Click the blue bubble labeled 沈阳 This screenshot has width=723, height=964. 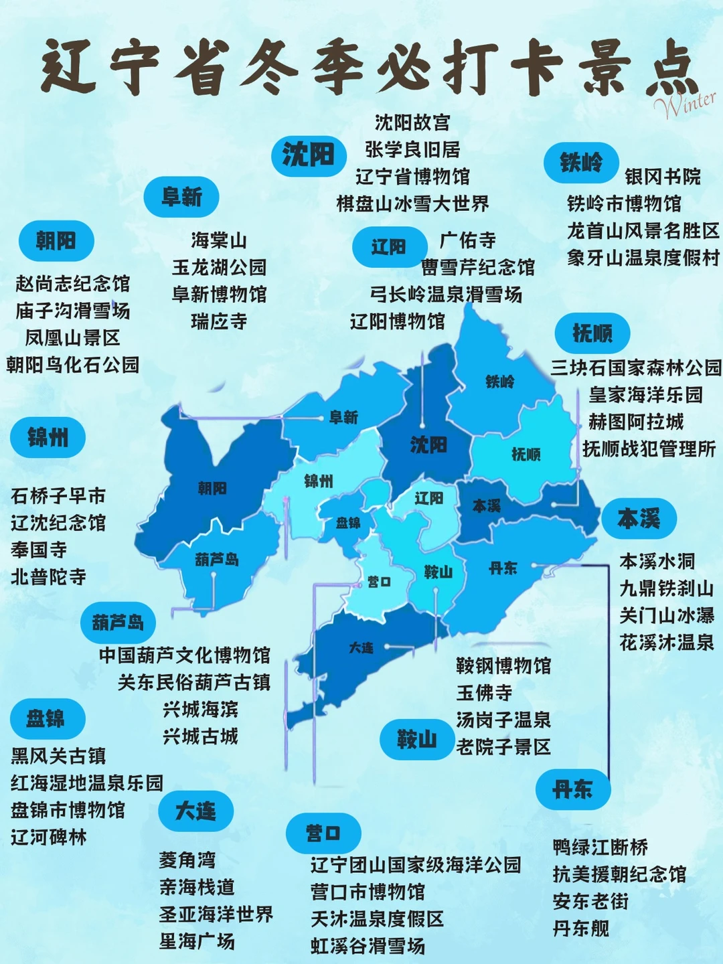pyautogui.click(x=309, y=155)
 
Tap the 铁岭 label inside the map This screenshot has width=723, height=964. pyautogui.click(x=500, y=382)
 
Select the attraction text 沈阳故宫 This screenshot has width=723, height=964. pyautogui.click(x=412, y=123)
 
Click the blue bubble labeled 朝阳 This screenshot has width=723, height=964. pyautogui.click(x=56, y=241)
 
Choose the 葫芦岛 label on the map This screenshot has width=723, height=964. pyautogui.click(x=217, y=559)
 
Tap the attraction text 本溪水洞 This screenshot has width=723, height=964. pyautogui.click(x=657, y=561)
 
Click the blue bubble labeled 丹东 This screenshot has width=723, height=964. pyautogui.click(x=572, y=790)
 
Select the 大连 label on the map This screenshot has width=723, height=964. pyautogui.click(x=361, y=648)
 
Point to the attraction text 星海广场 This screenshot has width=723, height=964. pyautogui.click(x=197, y=941)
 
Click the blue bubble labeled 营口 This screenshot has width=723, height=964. pyautogui.click(x=323, y=833)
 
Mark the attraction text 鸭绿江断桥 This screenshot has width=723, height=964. pyautogui.click(x=600, y=848)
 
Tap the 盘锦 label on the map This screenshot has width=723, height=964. pyautogui.click(x=348, y=523)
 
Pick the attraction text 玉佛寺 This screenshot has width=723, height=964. pyautogui.click(x=484, y=693)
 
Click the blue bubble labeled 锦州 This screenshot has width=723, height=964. pyautogui.click(x=48, y=438)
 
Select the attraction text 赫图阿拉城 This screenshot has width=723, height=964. pyautogui.click(x=636, y=422)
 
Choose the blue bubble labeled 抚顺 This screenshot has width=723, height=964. pyautogui.click(x=592, y=333)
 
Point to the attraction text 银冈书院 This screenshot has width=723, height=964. pyautogui.click(x=663, y=177)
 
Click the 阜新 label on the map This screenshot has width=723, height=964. pyautogui.click(x=344, y=418)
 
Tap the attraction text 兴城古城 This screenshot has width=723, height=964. pyautogui.click(x=200, y=737)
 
